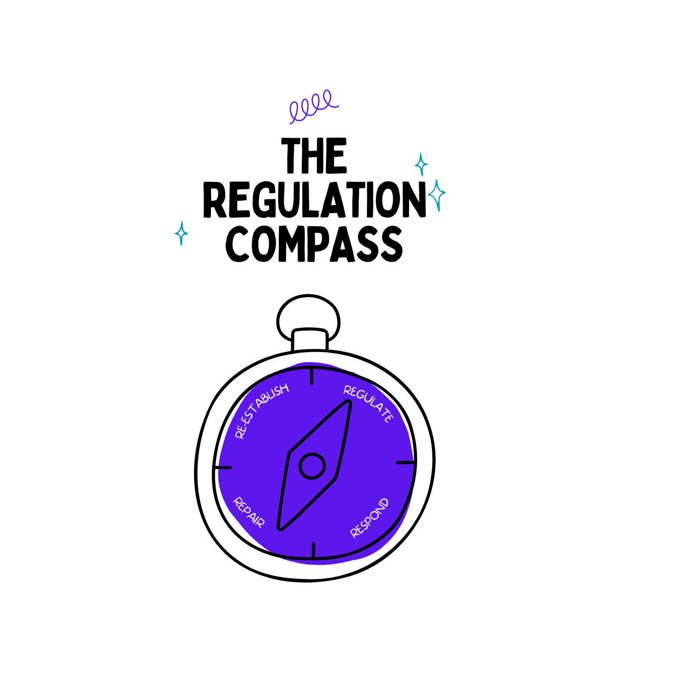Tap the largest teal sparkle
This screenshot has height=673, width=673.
(437, 195)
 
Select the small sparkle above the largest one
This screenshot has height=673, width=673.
(421, 164)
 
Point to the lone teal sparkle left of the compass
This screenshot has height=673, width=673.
(181, 233)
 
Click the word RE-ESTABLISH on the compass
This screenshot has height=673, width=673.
(261, 411)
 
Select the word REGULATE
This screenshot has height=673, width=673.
(369, 404)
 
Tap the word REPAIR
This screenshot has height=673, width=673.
(248, 512)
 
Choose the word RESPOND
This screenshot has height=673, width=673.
(369, 518)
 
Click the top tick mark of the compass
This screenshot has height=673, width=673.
(311, 376)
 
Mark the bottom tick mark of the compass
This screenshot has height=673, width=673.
(313, 550)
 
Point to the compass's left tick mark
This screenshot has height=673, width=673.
(225, 467)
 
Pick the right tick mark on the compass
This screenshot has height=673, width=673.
(405, 462)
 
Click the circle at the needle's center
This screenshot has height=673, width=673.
(312, 466)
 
